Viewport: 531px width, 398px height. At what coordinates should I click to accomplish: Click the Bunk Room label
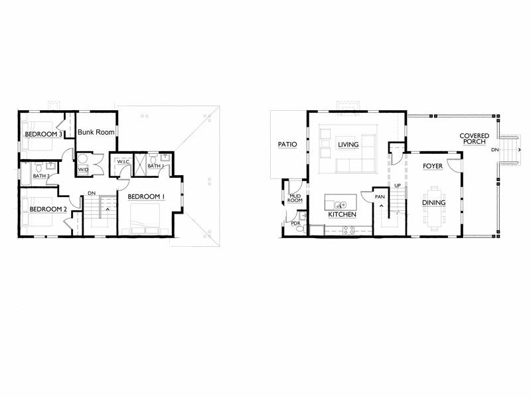[96, 132]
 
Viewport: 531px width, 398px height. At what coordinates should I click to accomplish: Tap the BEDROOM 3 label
[43, 135]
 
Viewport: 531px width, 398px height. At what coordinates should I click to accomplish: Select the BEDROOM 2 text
[48, 210]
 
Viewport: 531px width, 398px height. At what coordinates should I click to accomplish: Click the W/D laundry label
[83, 169]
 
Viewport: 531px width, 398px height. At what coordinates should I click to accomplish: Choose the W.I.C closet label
[123, 162]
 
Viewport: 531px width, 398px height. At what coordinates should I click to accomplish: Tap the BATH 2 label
[41, 176]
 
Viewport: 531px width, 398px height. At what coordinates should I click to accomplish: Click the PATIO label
[287, 145]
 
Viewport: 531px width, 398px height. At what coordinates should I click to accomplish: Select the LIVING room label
[348, 145]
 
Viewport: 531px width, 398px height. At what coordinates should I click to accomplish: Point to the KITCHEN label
[342, 214]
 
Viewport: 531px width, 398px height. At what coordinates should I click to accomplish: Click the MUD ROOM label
[295, 198]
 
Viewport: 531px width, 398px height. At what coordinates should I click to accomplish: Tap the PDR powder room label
[295, 224]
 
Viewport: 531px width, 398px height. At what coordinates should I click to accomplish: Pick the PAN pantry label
[380, 196]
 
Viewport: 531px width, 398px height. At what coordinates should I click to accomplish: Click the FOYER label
[433, 166]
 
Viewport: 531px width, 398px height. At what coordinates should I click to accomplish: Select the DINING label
[433, 203]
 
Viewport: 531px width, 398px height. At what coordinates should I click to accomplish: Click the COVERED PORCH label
[475, 139]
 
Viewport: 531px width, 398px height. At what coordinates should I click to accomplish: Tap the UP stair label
[398, 186]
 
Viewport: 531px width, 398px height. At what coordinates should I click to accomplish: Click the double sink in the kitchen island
[341, 205]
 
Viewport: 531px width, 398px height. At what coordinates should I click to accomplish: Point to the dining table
[434, 208]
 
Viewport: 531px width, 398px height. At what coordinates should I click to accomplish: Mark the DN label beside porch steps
[495, 150]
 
